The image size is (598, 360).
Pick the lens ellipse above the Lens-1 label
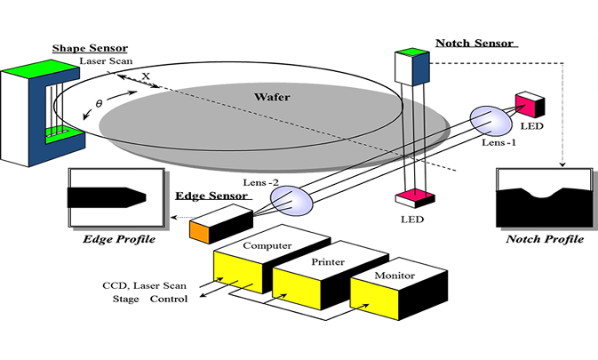pyautogui.click(x=485, y=119)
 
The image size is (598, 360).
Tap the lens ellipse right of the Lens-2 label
pyautogui.click(x=295, y=200)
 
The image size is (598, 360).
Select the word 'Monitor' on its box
pyautogui.click(x=394, y=276)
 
